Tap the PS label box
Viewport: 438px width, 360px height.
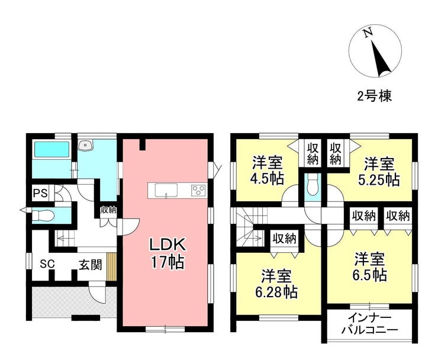click(41, 193)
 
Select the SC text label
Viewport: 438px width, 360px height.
click(47, 264)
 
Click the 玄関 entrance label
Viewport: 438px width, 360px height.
click(90, 265)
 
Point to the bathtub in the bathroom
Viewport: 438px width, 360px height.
click(51, 150)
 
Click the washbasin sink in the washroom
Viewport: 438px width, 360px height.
click(85, 145)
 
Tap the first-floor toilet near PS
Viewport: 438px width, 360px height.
click(43, 216)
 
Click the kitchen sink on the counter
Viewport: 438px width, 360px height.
click(166, 191)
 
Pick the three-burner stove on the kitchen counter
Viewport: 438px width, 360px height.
click(199, 191)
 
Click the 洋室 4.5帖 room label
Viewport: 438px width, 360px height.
click(268, 171)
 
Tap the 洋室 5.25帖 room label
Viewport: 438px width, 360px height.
click(379, 172)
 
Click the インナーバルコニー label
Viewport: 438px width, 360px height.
click(370, 324)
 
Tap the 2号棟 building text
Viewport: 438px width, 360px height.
click(375, 96)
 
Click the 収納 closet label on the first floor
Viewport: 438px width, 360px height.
click(109, 210)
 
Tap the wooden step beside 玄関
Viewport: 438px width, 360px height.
click(112, 267)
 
